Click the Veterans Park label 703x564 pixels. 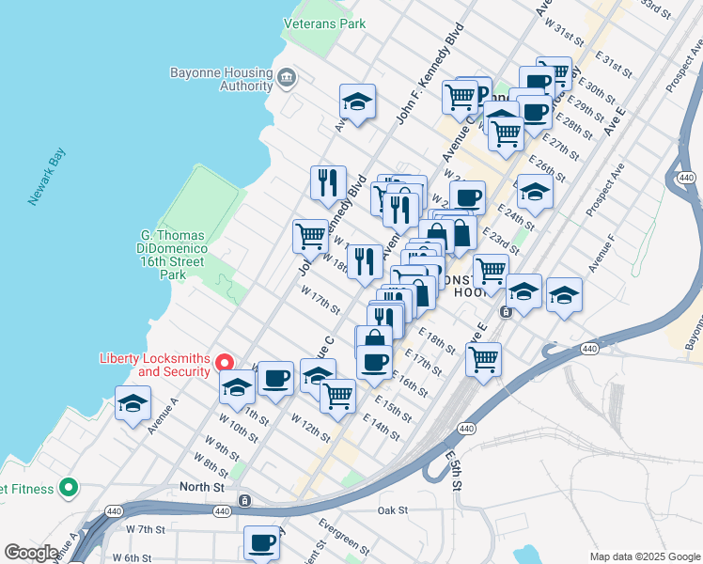tap(324, 24)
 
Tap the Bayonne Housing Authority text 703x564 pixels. tap(220, 79)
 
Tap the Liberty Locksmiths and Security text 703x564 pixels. tap(155, 364)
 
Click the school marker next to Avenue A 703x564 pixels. tap(133, 404)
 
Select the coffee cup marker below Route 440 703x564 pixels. tap(261, 542)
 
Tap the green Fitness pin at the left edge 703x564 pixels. tap(67, 488)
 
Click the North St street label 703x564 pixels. tap(202, 487)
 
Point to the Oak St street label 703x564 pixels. tap(392, 510)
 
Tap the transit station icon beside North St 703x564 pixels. tap(244, 500)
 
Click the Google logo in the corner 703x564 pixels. tap(31, 553)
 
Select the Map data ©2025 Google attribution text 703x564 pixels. tap(644, 556)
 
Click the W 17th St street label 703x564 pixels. tap(320, 302)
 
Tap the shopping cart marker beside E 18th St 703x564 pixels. tap(483, 358)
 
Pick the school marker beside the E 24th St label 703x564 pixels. tap(535, 192)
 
